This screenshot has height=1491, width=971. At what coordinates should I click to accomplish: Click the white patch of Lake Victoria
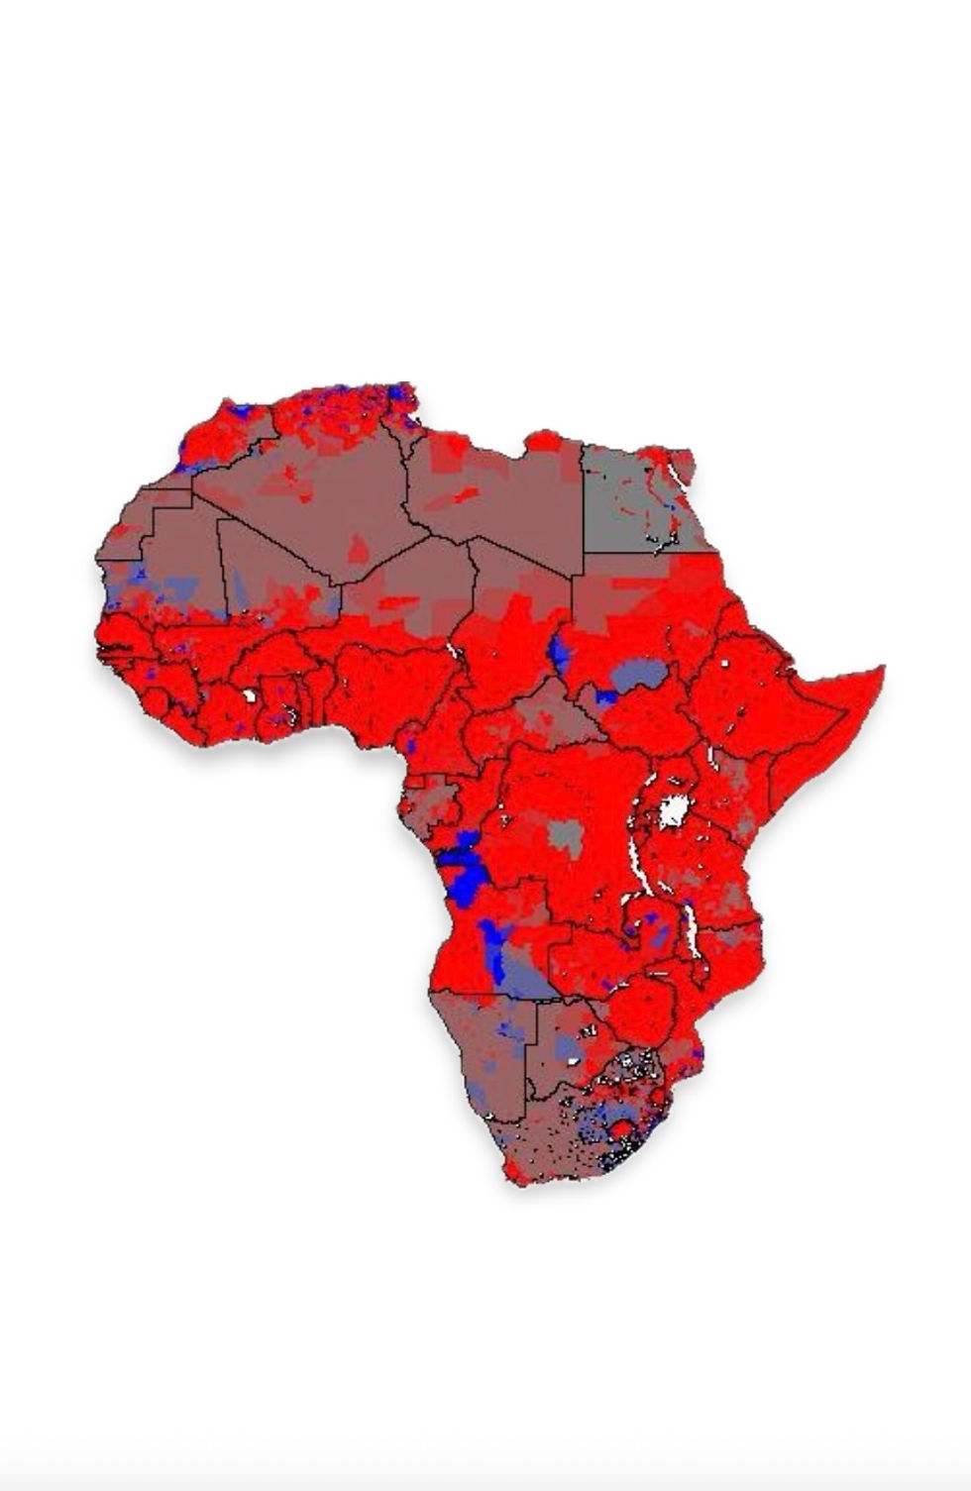pyautogui.click(x=674, y=810)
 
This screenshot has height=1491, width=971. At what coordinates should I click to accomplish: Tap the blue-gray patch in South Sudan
pyautogui.click(x=639, y=676)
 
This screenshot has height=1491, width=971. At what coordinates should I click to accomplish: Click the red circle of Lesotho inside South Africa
pyautogui.click(x=621, y=1130)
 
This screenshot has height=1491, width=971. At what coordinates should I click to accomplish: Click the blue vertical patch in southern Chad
pyautogui.click(x=558, y=652)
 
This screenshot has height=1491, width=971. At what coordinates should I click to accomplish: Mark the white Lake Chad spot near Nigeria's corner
pyautogui.click(x=452, y=651)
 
